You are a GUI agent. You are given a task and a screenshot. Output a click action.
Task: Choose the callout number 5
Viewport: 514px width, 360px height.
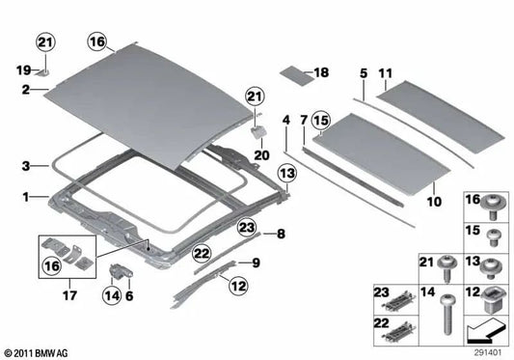pyautogui.click(x=365, y=72)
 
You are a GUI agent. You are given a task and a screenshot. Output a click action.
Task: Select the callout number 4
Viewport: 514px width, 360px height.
pyautogui.click(x=286, y=120)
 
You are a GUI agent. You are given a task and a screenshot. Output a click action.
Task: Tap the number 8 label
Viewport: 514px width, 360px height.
pyautogui.click(x=282, y=234)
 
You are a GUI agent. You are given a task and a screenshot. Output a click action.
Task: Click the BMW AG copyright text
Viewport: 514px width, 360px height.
pyautogui.click(x=39, y=352)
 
